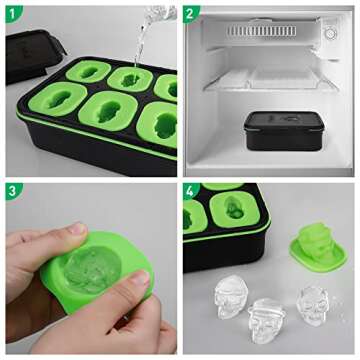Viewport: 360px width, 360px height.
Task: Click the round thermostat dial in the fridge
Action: (x=330, y=32)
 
